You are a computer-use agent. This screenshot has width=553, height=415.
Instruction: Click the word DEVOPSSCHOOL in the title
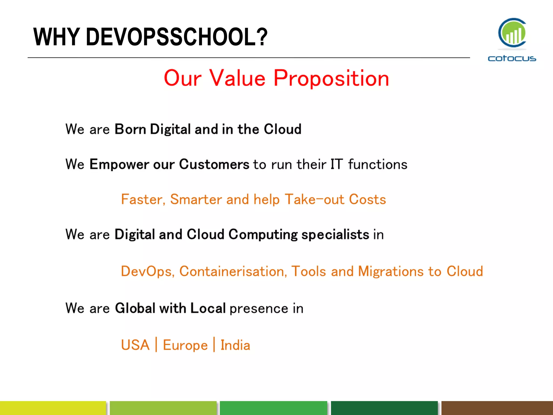coord(177,37)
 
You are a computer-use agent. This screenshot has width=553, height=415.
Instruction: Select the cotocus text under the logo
coord(512,58)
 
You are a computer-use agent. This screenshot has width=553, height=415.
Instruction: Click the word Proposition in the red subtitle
coord(331,78)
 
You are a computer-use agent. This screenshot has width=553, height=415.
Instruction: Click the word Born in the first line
coord(130,129)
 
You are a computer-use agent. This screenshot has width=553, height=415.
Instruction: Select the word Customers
coord(214,164)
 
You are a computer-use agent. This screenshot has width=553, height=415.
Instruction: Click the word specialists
coord(335,235)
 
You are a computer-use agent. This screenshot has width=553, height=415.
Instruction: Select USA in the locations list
coord(135,345)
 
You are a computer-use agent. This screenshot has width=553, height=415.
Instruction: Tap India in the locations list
coord(235,345)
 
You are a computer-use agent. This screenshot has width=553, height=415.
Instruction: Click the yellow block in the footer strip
coord(53,408)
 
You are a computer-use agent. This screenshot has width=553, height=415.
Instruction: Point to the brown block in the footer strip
coord(497,408)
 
